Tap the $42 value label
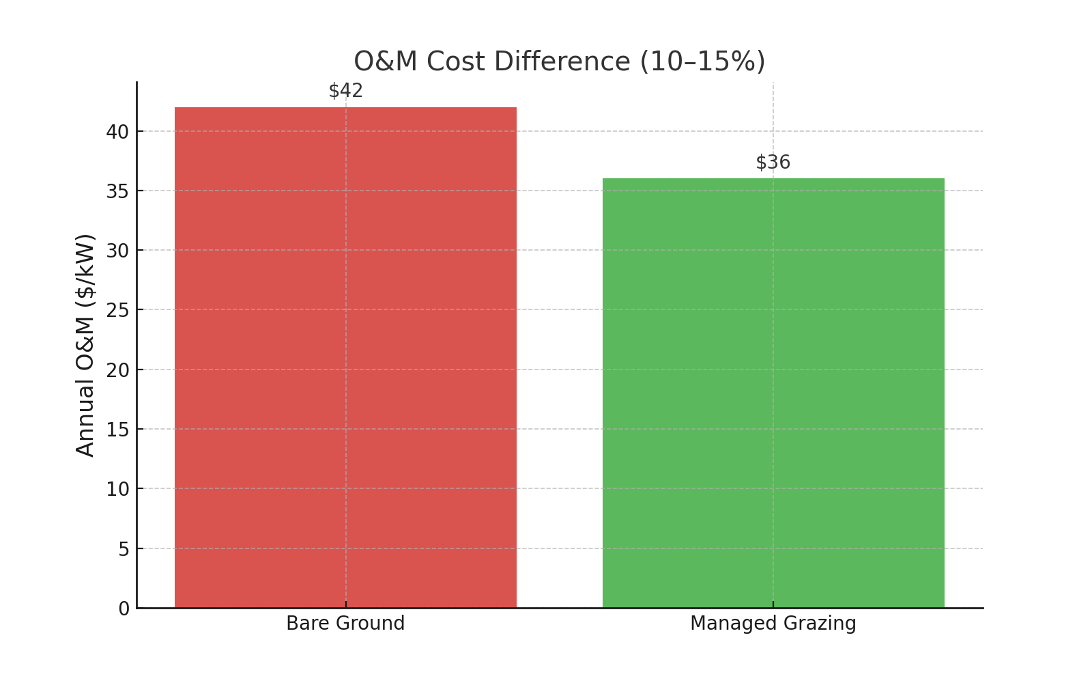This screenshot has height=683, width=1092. pos(345,91)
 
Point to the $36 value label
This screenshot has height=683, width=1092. pos(773,163)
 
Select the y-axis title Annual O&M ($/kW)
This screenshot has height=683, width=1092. pos(85,345)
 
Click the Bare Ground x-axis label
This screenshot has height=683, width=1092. pos(345,624)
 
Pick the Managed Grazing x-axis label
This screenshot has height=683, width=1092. pos(773,624)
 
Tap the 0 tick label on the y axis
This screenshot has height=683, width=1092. pos(124,609)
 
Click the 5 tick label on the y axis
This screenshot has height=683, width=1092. pos(124,549)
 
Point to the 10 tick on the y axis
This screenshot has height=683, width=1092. pos(117,489)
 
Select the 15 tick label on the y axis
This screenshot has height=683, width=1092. pos(117,430)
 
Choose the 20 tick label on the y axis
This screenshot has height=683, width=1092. pos(117,370)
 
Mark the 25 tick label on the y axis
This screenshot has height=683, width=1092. pos(117,310)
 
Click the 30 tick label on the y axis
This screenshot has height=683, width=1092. pos(117,251)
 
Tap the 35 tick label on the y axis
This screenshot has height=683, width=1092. pos(117,191)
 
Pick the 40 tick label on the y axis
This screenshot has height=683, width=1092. pos(117,132)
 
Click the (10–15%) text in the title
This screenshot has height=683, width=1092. pos(702,61)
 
